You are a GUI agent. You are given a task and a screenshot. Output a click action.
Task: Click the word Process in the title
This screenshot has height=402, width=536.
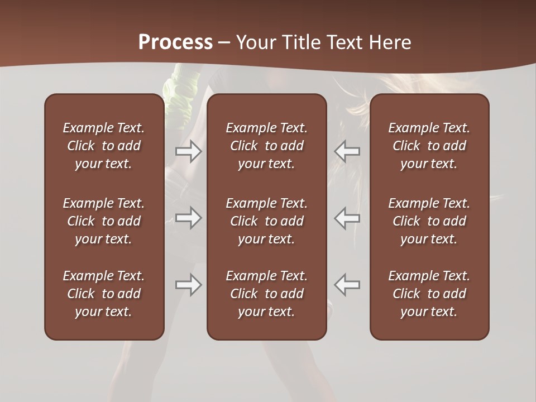(x=175, y=42)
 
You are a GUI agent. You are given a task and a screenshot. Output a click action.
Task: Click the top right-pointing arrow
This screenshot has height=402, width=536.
(x=188, y=151)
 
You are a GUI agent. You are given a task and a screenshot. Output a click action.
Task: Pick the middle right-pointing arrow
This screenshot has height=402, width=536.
(x=188, y=217)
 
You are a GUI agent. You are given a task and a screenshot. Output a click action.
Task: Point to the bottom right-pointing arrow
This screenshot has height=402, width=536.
(x=188, y=285)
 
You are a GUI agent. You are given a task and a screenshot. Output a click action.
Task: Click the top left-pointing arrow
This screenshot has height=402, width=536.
(x=347, y=151)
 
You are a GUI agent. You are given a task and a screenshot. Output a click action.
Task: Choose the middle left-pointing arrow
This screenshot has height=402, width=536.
(x=347, y=217)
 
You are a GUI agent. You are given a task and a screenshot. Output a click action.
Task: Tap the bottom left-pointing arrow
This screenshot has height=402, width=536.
(x=347, y=285)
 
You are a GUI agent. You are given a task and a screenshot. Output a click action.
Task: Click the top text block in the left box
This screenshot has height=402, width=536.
(x=104, y=146)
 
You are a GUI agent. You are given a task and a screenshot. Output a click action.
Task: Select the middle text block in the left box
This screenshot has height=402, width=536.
(x=104, y=221)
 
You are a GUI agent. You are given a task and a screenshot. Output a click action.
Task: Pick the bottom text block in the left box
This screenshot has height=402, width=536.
(x=104, y=294)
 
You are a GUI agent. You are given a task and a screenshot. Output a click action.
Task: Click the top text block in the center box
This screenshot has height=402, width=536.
(x=266, y=146)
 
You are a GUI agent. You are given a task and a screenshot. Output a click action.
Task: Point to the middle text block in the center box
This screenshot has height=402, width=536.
(x=266, y=221)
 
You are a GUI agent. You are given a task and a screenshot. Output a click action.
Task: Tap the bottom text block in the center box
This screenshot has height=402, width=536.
(x=266, y=294)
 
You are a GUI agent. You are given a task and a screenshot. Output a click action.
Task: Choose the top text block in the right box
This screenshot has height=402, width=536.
(x=429, y=146)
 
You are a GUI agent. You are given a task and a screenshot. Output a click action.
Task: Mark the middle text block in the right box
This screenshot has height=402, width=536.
(x=429, y=221)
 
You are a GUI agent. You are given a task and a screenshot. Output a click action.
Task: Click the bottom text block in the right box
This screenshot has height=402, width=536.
(x=429, y=294)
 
